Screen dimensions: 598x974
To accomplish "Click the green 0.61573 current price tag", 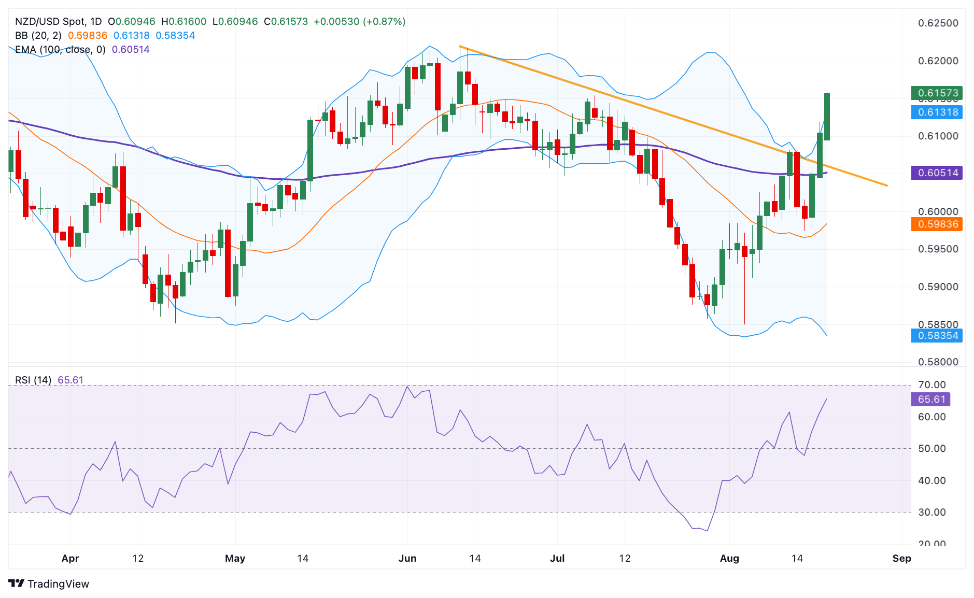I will [x=937, y=93].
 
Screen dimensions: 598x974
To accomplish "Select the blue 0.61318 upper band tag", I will [x=937, y=112].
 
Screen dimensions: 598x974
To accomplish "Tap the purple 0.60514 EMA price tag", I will [x=937, y=173].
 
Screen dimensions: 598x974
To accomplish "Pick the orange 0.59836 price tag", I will [x=937, y=224].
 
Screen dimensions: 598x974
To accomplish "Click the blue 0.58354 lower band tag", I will [x=937, y=335].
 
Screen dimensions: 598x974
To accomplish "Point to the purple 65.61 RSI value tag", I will [x=930, y=399].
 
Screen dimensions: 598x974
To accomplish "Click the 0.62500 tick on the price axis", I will [x=938, y=23].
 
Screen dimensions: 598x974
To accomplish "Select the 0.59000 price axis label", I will [x=938, y=287].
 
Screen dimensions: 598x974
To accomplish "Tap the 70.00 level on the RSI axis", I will [x=931, y=385].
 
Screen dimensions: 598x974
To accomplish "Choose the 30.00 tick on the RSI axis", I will [x=931, y=512].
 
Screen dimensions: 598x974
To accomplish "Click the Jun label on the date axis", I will [x=407, y=558].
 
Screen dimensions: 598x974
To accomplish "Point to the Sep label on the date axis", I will [x=901, y=558].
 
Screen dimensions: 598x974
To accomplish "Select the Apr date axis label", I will [x=70, y=558].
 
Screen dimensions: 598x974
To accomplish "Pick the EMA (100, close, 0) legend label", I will [x=60, y=49].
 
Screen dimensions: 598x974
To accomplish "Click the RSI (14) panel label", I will [x=33, y=380].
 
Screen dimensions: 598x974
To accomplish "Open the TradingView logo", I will [x=49, y=583].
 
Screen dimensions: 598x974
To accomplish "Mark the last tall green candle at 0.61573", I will [x=827, y=117].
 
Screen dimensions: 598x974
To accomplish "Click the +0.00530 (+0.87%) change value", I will [x=359, y=21].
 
